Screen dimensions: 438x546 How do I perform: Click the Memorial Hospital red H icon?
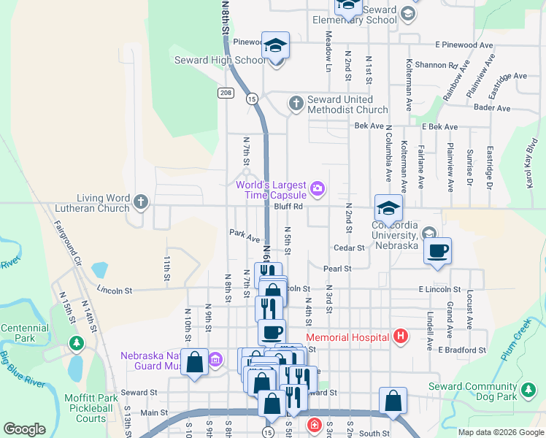pyautogui.click(x=400, y=337)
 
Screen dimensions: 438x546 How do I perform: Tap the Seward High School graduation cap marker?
pyautogui.click(x=276, y=46)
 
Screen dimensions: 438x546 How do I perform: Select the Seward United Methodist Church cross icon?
pyautogui.click(x=296, y=103)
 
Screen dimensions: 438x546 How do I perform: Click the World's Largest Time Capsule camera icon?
pyautogui.click(x=318, y=189)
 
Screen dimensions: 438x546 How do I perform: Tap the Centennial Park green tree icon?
pyautogui.click(x=76, y=342)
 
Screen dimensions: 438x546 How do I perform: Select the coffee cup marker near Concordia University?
pyautogui.click(x=437, y=251)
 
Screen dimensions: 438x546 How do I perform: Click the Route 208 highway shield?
pyautogui.click(x=225, y=93)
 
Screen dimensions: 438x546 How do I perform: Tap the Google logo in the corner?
pyautogui.click(x=24, y=429)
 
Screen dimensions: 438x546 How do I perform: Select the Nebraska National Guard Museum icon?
pyautogui.click(x=215, y=360)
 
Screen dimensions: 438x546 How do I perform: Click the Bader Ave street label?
pyautogui.click(x=491, y=108)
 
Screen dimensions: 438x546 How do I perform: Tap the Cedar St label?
pyautogui.click(x=349, y=248)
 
